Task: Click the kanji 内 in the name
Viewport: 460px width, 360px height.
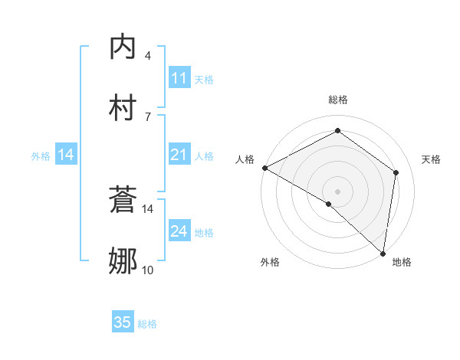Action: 123,47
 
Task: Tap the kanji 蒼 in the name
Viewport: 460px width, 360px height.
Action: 123,201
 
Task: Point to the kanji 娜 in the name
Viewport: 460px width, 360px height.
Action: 123,261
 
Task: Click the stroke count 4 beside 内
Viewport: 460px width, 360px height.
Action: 148,56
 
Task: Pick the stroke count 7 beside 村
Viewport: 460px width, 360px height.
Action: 148,116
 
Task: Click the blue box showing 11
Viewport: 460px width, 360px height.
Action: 179,78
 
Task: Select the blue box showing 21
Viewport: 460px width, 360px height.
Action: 179,155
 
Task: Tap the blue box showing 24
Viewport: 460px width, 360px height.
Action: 179,231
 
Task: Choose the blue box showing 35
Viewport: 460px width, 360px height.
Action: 123,322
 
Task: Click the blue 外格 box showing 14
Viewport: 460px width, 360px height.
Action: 66,155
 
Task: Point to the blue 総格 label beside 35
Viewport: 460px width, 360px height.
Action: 147,324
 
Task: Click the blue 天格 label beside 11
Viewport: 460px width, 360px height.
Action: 204,79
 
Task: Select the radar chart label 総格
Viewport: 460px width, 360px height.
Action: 337,100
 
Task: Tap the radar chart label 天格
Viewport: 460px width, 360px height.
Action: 432,159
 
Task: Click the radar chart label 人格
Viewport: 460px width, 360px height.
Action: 245,159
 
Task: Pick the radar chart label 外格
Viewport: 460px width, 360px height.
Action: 270,262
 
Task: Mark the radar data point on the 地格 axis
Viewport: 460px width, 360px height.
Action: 383,253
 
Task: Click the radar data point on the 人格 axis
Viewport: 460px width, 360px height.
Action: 264,168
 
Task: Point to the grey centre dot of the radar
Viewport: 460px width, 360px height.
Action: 337,191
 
